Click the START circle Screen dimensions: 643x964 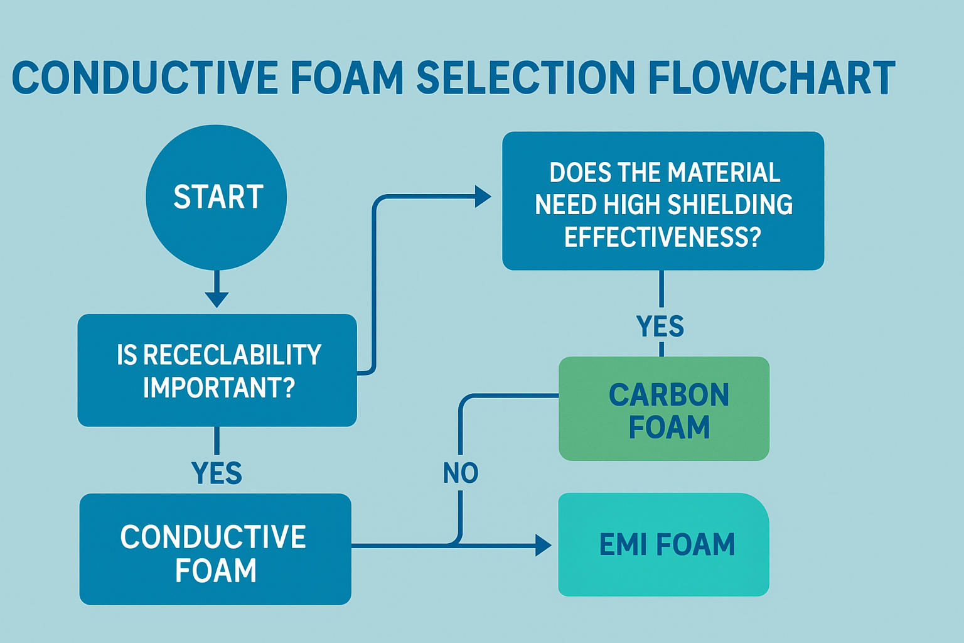tap(216, 197)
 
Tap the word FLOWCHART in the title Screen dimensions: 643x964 tap(771, 78)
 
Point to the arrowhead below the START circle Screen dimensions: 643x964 tap(217, 298)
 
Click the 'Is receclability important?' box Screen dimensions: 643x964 tap(217, 370)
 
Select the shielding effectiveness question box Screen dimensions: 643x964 tap(663, 201)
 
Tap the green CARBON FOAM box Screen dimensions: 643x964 tap(664, 409)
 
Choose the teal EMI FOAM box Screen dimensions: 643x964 tap(664, 544)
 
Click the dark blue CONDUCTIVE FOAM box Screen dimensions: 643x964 tap(215, 549)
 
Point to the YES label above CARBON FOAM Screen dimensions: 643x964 tap(660, 327)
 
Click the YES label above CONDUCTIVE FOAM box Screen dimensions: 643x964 tap(217, 473)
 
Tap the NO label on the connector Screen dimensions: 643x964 tap(461, 473)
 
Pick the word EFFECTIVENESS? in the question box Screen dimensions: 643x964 tap(663, 237)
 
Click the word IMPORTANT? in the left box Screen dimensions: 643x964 tap(219, 387)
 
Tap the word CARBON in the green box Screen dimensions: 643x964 tap(669, 395)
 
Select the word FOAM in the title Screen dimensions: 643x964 tap(347, 78)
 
